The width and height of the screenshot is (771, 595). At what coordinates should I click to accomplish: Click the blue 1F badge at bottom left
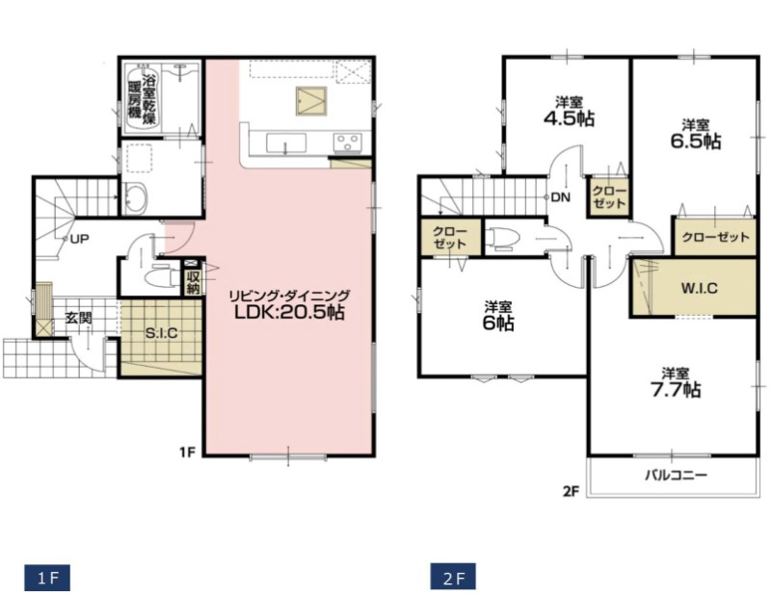47,578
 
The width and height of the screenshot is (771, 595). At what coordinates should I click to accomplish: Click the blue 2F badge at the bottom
453,576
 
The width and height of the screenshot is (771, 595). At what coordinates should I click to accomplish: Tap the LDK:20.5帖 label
289,313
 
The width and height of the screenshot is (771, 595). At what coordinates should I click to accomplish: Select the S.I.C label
161,333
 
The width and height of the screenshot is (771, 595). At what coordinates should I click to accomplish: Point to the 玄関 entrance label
79,318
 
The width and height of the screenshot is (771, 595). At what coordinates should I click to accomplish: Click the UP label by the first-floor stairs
79,240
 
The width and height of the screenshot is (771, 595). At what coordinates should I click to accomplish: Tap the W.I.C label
700,288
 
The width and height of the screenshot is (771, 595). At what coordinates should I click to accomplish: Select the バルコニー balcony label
677,475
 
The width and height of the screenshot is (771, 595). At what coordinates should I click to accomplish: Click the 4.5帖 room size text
569,118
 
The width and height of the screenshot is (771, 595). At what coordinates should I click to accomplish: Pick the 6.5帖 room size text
696,141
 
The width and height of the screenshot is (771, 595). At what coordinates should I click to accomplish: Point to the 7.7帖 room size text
676,390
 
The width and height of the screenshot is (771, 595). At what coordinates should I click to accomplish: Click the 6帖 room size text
498,323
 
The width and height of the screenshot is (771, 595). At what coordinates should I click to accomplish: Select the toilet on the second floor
503,238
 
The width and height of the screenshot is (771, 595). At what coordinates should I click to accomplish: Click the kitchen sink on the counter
285,143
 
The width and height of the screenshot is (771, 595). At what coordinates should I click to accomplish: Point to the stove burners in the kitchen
348,142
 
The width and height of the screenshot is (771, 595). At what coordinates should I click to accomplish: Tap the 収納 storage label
192,281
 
